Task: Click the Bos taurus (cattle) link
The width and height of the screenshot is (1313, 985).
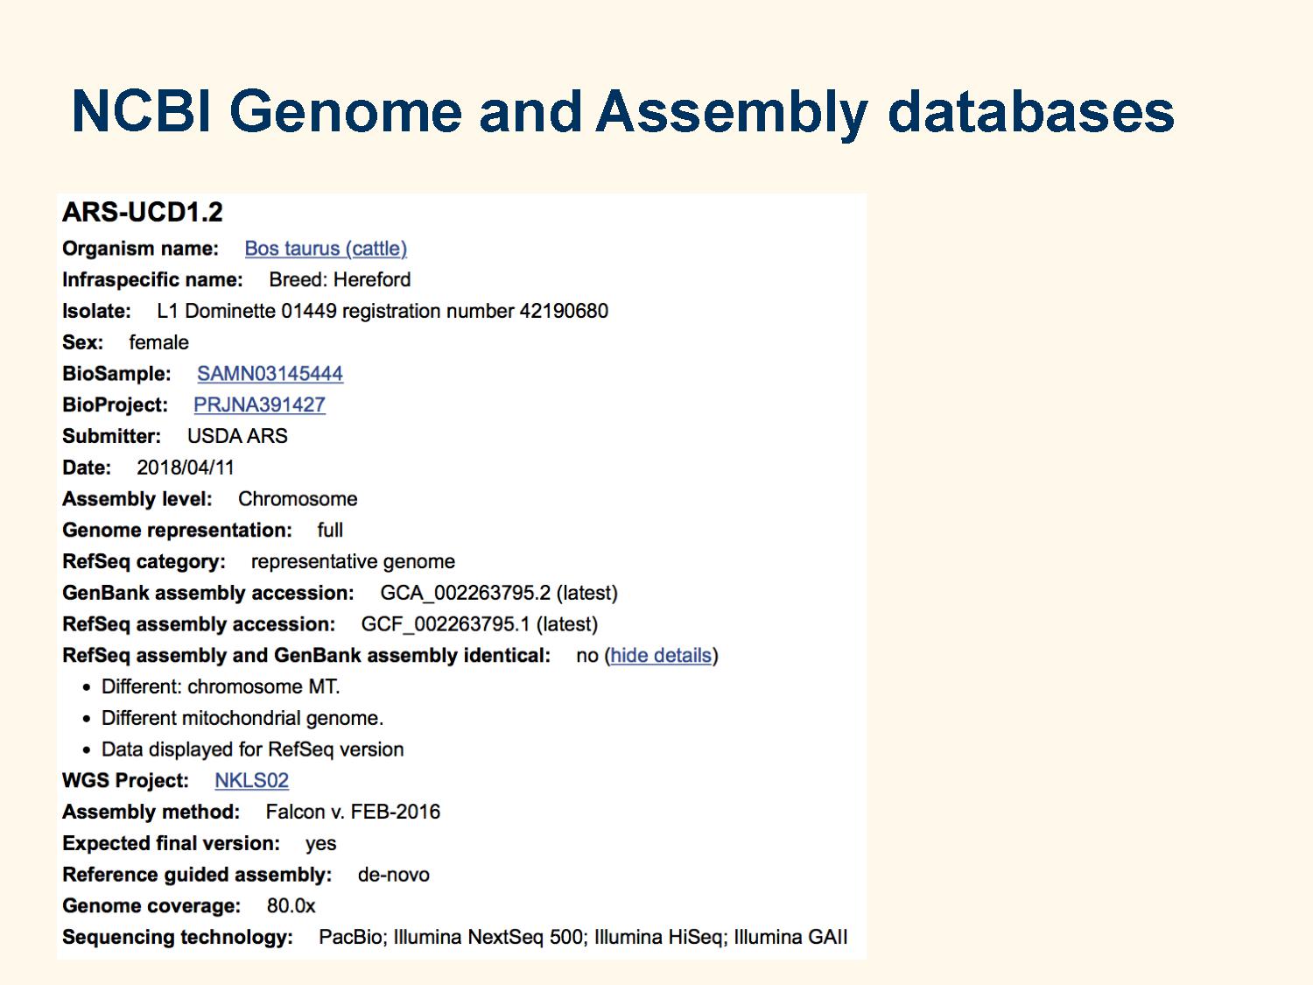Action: tap(326, 248)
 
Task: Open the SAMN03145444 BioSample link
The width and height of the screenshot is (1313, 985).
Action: tap(270, 373)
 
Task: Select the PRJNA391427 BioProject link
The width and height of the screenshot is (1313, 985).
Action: tap(260, 405)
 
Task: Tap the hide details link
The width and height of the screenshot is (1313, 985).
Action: tap(661, 656)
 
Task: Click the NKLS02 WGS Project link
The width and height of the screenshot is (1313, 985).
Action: tap(252, 780)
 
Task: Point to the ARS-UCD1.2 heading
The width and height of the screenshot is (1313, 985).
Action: tap(143, 212)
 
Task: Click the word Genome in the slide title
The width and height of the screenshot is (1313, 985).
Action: tap(345, 112)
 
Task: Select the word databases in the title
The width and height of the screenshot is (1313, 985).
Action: tap(1030, 112)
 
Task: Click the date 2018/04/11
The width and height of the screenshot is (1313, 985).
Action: tap(186, 468)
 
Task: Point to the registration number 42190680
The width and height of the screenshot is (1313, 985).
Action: tap(564, 311)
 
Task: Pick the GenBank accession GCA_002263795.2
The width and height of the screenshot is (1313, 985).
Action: tap(466, 593)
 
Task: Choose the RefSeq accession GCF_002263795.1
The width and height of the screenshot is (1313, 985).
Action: tap(446, 624)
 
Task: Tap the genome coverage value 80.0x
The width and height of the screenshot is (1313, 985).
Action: tap(291, 906)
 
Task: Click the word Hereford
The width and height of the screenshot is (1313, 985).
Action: tap(372, 280)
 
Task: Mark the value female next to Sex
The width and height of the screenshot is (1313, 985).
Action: tap(159, 342)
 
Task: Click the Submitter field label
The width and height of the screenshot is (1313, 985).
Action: tap(112, 437)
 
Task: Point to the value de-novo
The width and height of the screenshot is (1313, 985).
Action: tap(394, 875)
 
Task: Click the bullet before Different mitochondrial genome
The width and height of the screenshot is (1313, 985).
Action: tap(88, 719)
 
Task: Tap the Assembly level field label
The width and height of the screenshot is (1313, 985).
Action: tap(137, 499)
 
